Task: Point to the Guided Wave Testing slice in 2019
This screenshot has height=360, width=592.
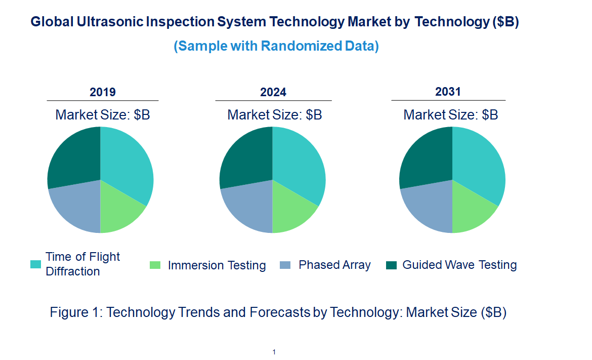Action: click(73, 157)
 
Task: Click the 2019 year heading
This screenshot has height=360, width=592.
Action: click(103, 92)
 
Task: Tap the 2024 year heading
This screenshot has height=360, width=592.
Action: click(273, 92)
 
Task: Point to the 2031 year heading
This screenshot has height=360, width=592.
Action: click(448, 92)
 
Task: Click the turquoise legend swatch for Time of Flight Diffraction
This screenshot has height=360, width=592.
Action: click(36, 264)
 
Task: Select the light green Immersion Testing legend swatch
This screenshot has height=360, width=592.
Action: click(155, 265)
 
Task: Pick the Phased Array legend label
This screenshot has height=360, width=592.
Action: click(334, 265)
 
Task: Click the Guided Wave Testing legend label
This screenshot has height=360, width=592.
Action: click(459, 265)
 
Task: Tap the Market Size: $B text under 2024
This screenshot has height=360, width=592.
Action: click(275, 115)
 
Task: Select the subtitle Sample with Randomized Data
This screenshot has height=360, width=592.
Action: click(276, 46)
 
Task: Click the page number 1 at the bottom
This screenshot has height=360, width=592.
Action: click(274, 352)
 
